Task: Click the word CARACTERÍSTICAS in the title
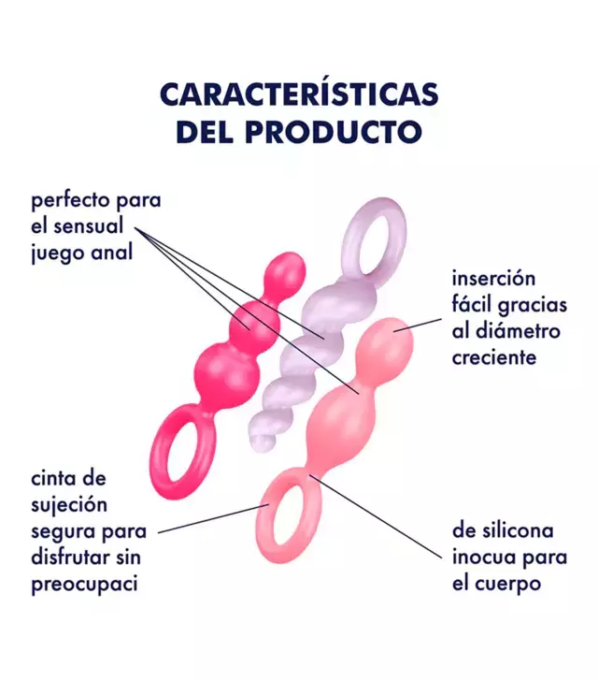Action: tap(299, 94)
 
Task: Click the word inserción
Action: tap(493, 278)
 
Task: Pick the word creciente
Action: tap(494, 357)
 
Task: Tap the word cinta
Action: tap(54, 478)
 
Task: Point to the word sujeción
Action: tap(69, 506)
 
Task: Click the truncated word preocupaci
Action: tap(85, 585)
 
